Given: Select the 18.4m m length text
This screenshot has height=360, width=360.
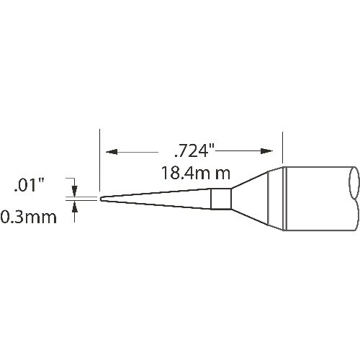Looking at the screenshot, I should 195,174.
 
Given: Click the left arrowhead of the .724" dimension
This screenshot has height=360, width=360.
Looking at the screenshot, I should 111,152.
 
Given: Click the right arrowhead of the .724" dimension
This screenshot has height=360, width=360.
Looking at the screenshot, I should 269,152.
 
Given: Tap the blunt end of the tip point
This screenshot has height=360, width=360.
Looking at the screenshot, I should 101,199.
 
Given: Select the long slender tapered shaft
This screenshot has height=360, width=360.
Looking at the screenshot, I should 158,199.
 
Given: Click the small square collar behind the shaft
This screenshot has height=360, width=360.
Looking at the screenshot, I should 221,199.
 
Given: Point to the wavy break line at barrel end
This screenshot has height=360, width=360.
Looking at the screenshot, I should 354,199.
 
